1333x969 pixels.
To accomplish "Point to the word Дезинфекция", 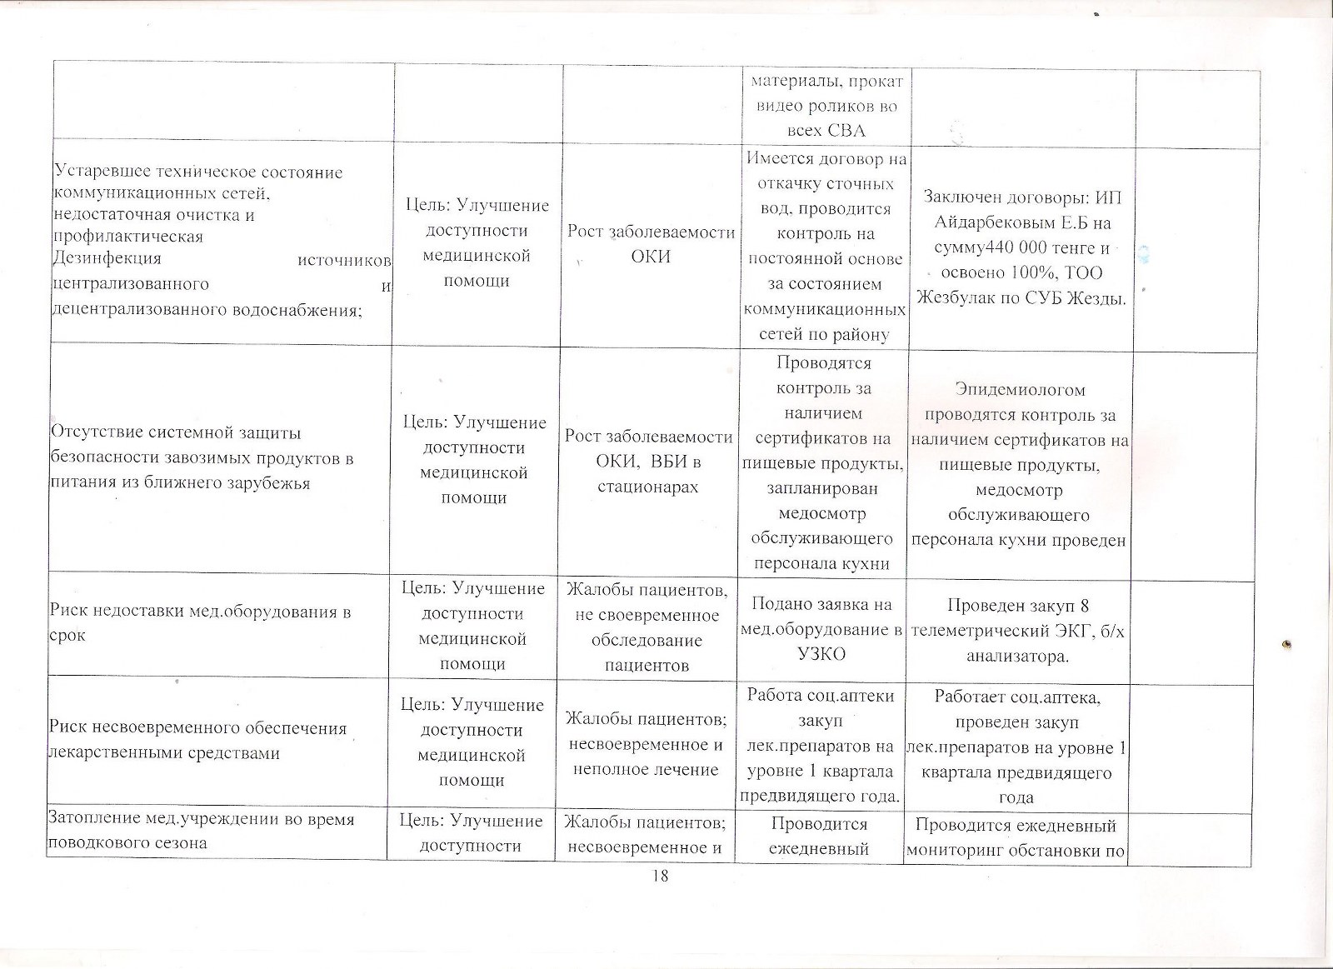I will coord(106,259).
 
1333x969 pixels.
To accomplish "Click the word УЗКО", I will coord(821,654).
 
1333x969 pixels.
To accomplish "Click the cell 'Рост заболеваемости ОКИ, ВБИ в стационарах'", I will coord(647,462).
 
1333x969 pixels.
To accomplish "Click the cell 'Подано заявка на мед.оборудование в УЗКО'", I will coord(821,630).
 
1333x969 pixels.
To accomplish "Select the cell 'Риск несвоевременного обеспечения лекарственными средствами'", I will coord(218,740).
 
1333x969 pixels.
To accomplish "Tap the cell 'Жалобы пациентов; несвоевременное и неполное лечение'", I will coord(646,743).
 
